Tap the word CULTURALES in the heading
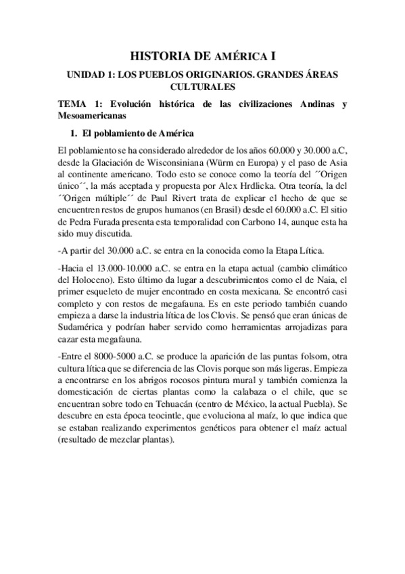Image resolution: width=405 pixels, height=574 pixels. tap(202, 87)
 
